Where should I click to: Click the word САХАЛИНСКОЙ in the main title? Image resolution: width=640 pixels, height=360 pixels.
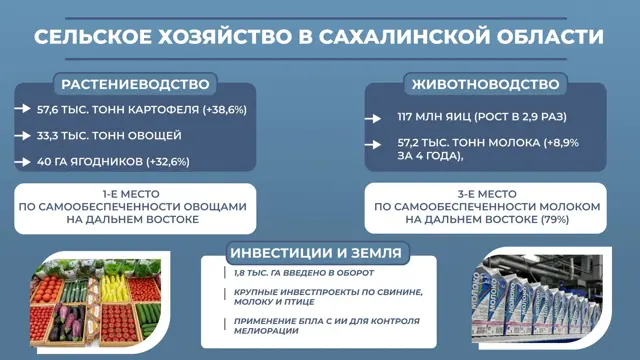point(403,36)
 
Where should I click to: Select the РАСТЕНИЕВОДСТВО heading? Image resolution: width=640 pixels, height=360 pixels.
point(135,84)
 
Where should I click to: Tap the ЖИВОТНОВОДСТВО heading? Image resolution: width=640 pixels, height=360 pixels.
point(485,84)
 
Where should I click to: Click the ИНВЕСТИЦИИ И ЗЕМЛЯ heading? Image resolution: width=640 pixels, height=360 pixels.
point(316,253)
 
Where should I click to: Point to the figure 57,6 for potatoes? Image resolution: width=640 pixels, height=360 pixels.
point(47,110)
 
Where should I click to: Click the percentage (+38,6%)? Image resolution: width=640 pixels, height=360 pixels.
point(224,110)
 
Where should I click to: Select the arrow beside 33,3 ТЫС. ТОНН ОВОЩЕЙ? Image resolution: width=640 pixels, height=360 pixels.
point(22,136)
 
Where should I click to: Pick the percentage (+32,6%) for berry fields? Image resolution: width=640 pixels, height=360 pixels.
point(168,162)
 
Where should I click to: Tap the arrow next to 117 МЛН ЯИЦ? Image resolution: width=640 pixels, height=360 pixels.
point(373,118)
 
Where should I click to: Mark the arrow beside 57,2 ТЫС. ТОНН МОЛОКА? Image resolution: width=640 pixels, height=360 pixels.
point(373,144)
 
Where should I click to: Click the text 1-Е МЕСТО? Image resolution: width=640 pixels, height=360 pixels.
point(131,194)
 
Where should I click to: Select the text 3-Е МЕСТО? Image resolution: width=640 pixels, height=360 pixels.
point(487,194)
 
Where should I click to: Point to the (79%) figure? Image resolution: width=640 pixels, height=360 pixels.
point(555,220)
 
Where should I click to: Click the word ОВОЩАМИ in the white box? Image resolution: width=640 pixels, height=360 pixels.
point(215,207)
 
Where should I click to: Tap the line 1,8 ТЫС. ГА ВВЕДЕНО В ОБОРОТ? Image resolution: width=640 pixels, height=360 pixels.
point(304,273)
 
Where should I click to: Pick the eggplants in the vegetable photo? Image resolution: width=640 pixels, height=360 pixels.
point(66,321)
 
